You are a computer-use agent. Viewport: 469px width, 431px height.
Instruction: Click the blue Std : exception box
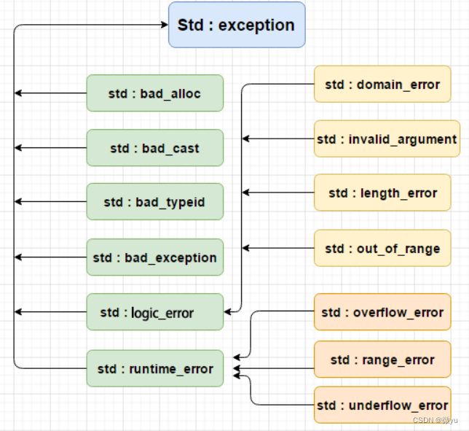(237, 25)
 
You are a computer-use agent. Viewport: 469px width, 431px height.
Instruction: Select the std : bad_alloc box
(154, 93)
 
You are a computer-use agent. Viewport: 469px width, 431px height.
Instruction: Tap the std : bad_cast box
(154, 148)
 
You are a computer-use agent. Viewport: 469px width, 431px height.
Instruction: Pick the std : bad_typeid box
(154, 202)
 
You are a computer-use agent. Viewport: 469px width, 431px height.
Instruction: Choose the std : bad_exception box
(154, 257)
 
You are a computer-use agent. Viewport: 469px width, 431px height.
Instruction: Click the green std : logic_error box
(154, 312)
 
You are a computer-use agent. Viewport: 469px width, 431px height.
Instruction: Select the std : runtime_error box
(154, 368)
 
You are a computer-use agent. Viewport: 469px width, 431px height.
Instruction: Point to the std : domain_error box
(382, 84)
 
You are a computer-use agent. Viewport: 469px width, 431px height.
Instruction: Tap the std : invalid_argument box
(387, 139)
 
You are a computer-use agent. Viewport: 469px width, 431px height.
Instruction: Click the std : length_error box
(382, 193)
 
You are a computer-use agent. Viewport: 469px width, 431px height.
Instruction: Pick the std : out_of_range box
(382, 248)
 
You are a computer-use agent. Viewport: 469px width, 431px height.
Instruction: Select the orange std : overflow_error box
(382, 312)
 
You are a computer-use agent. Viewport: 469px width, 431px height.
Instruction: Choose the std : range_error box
(382, 360)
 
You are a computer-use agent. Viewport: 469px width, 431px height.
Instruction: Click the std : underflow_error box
(382, 405)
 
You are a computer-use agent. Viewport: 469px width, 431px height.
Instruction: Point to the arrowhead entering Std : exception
(164, 25)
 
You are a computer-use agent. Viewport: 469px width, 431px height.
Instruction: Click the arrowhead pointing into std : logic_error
(229, 312)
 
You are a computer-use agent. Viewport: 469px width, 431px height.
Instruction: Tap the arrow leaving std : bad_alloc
(51, 93)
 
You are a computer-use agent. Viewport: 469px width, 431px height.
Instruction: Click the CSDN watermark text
(434, 420)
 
